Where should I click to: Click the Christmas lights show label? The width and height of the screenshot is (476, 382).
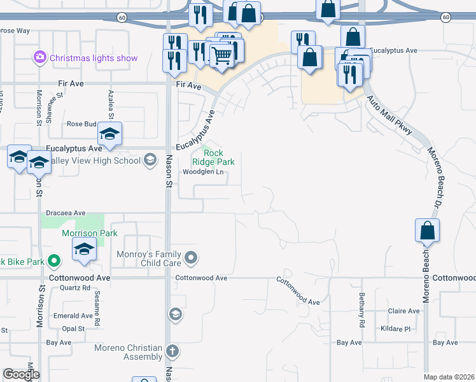pos(94,58)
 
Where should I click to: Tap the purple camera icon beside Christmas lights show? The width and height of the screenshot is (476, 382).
pos(40,57)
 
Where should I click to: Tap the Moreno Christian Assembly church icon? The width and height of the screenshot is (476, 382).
pos(172,351)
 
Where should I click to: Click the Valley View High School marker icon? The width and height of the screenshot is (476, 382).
pos(150,159)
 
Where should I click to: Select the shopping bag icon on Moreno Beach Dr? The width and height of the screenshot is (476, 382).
pos(427,230)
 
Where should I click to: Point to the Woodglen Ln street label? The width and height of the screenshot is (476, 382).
pos(204,172)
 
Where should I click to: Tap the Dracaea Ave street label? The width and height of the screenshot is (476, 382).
pos(66,213)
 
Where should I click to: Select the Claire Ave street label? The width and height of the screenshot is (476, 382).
pos(404,311)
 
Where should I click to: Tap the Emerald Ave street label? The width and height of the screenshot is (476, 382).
pos(73,316)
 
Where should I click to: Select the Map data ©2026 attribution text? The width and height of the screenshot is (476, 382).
pos(448,377)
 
